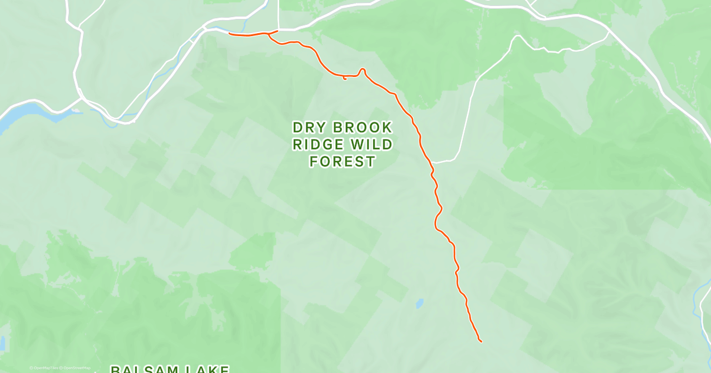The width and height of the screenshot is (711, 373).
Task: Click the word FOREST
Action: point(342,161)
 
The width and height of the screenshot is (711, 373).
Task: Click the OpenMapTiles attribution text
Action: point(44,368)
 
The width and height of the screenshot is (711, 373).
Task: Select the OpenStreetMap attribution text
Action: point(76,368)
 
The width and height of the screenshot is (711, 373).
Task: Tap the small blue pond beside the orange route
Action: point(419,304)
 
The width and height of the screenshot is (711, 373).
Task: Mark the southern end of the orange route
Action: point(481,341)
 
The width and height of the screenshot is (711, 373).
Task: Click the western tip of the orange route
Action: point(230,33)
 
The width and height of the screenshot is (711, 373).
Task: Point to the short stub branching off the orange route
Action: point(345,78)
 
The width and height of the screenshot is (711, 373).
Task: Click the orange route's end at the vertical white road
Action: point(277,31)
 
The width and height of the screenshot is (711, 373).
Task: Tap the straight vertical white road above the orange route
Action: point(278,15)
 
